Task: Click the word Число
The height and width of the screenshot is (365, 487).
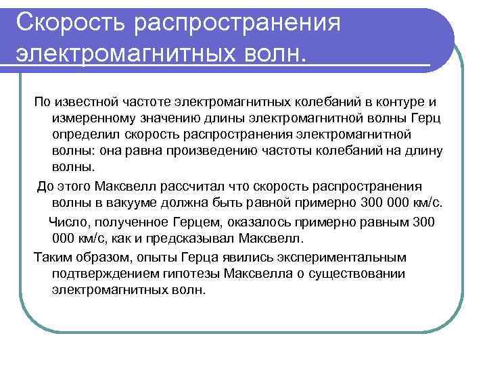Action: tap(66, 222)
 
